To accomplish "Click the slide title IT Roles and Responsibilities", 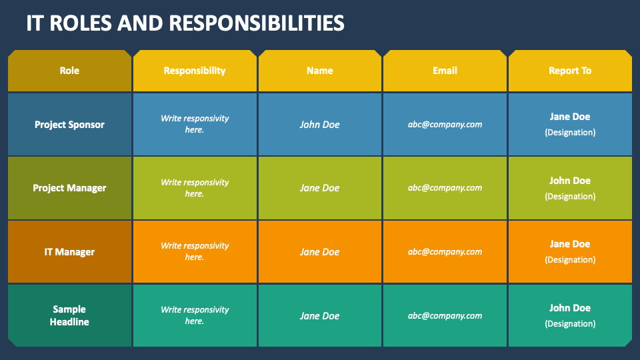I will pyautogui.click(x=185, y=23).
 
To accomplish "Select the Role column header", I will pyautogui.click(x=69, y=71).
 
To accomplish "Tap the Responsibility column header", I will pyautogui.click(x=195, y=71).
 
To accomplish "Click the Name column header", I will pyautogui.click(x=320, y=71).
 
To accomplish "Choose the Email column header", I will pyautogui.click(x=445, y=71).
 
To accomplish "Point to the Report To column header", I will pyautogui.click(x=570, y=71).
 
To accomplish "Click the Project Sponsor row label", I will pyautogui.click(x=69, y=125).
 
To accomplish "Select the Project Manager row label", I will pyautogui.click(x=69, y=188).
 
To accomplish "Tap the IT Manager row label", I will pyautogui.click(x=69, y=252).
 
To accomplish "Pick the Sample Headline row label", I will pyautogui.click(x=69, y=315).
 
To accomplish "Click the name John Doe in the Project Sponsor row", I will pyautogui.click(x=320, y=125).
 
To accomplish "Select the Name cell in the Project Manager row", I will pyautogui.click(x=320, y=188).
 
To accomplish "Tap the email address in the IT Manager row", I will pyautogui.click(x=445, y=252).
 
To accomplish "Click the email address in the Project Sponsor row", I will pyautogui.click(x=445, y=125).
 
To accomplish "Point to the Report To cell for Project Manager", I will pyautogui.click(x=570, y=188).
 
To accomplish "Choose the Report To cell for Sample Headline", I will pyautogui.click(x=570, y=315).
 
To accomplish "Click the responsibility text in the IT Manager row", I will pyautogui.click(x=195, y=251).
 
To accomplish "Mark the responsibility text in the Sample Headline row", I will pyautogui.click(x=195, y=315).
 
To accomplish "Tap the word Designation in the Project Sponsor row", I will pyautogui.click(x=570, y=133).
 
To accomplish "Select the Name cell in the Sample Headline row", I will pyautogui.click(x=320, y=316).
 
